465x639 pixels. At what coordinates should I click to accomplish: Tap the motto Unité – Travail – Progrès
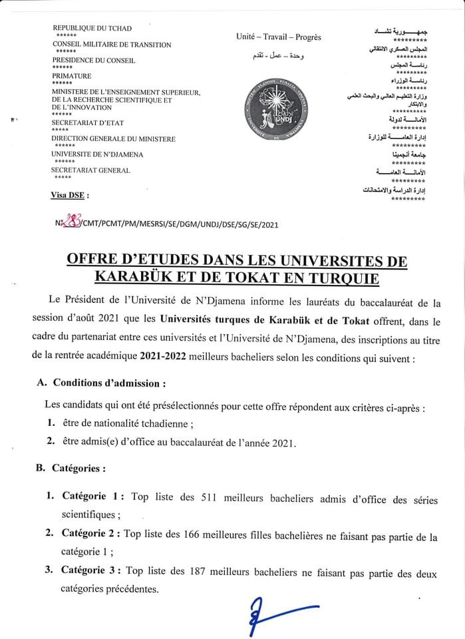click(278, 37)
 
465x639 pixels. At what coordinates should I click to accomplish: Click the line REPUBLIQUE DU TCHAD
click(92, 29)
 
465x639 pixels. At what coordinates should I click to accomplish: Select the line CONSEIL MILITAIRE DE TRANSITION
click(111, 45)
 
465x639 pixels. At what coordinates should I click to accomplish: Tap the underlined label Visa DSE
click(69, 196)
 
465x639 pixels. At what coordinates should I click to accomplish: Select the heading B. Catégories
click(71, 468)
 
